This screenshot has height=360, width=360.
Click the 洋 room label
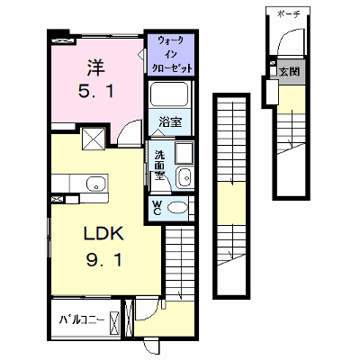96,67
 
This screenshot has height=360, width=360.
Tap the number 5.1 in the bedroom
96,91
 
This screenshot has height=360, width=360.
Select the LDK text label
103,233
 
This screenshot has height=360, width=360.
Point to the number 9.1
104,259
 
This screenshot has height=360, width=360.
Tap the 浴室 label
170,122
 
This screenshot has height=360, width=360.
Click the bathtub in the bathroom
169,94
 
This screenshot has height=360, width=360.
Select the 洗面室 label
159,165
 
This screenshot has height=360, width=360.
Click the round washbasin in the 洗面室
184,177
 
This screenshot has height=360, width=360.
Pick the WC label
157,208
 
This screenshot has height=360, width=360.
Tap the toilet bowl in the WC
177,208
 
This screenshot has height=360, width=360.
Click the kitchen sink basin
96,183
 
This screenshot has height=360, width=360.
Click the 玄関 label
289,71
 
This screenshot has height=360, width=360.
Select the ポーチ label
288,13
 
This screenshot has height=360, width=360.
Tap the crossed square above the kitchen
94,139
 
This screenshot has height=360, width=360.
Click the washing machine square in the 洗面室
184,153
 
